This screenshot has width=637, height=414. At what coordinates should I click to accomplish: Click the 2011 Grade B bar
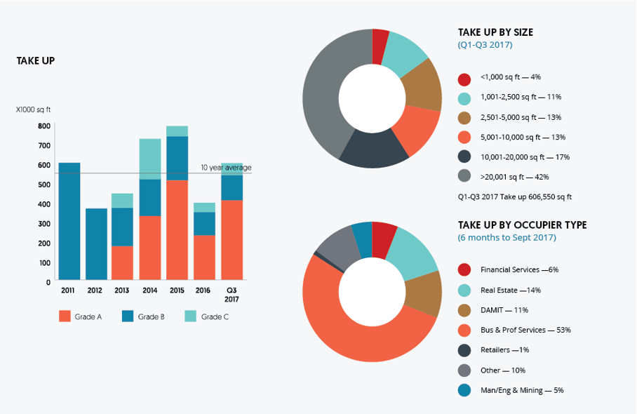[x=69, y=221]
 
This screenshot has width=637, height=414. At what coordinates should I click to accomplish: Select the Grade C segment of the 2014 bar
[x=150, y=159]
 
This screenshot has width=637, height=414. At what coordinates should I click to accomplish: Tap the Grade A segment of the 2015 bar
[x=177, y=230]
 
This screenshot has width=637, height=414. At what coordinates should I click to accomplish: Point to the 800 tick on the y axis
[x=44, y=126]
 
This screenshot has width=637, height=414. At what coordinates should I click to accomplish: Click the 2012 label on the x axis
[x=96, y=290]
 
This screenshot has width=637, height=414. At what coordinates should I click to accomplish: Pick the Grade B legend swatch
[x=128, y=316]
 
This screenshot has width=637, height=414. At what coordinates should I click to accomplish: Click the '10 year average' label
[x=226, y=168]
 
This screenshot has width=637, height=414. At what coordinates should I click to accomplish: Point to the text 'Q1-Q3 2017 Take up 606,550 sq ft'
[x=514, y=197]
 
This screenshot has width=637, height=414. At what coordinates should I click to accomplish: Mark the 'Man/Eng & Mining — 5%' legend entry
[x=522, y=390]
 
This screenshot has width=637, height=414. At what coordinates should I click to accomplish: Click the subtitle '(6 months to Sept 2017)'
[x=507, y=238]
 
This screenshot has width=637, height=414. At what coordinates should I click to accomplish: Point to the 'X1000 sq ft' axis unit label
[x=34, y=109]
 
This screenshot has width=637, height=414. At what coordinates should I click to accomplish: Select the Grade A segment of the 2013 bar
[x=123, y=262]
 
